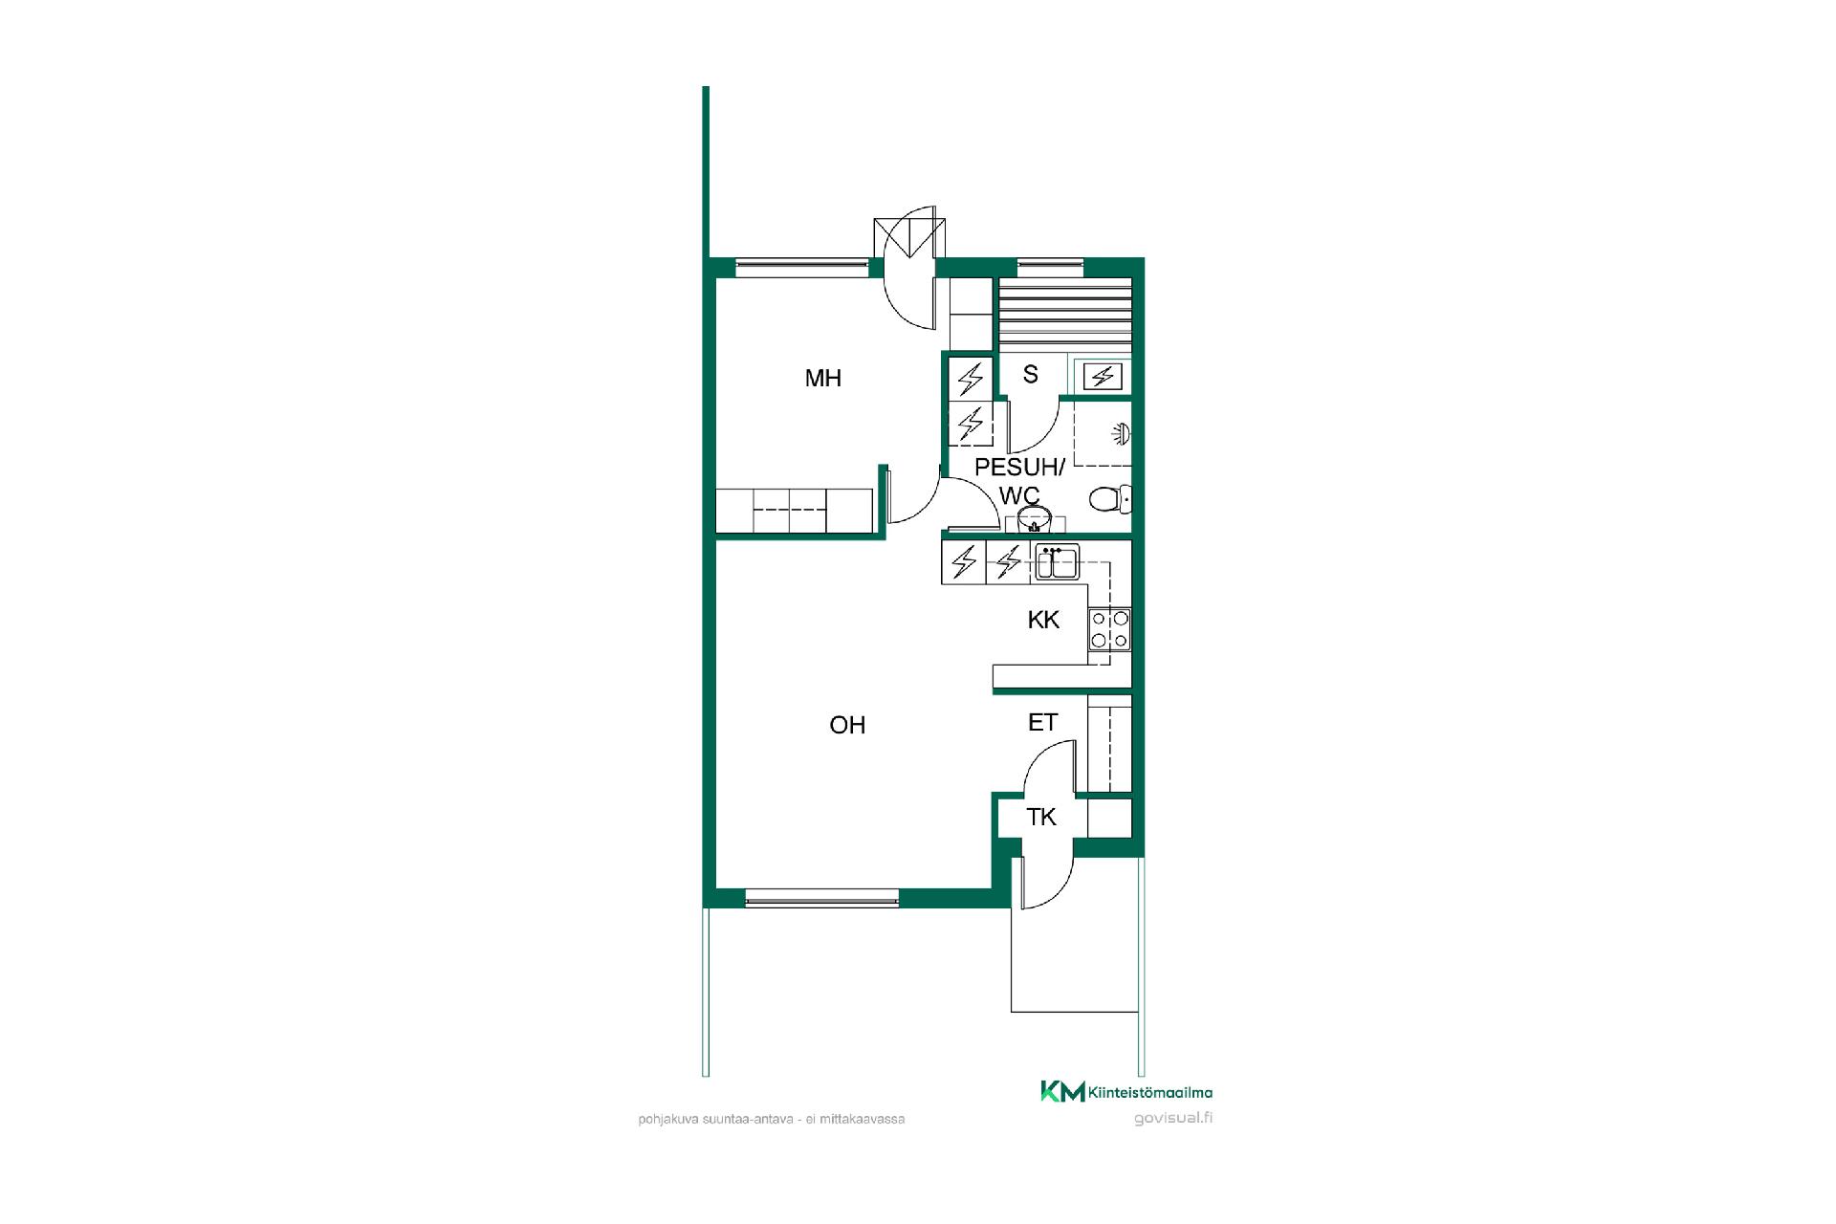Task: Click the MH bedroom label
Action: point(822,378)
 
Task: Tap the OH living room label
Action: point(847,725)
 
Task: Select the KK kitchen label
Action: point(1043,620)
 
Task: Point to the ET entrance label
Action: point(1042,722)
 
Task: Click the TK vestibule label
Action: point(1041,817)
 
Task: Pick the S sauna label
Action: point(1030,374)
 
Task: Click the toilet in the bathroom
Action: point(1110,498)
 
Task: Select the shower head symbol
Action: point(1122,434)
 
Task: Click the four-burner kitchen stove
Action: point(1109,630)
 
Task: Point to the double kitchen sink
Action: point(1057,562)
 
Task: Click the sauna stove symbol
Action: point(1102,377)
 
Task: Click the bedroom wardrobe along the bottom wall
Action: point(795,510)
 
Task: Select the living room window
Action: point(822,898)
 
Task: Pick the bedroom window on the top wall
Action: point(801,267)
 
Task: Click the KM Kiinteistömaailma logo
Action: point(1126,1092)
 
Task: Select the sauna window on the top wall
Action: point(1050,267)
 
